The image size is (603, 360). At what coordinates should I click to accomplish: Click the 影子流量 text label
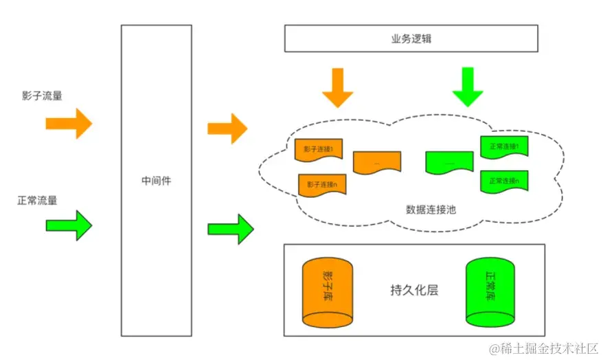(42, 96)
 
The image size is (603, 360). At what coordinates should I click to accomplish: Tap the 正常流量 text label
(38, 201)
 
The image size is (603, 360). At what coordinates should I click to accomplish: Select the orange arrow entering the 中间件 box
(69, 124)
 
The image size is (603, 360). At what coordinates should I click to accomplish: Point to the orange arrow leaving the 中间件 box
(227, 128)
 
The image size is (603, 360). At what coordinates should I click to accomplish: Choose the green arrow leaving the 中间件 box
(230, 229)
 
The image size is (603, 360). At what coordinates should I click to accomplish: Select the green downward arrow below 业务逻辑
(468, 87)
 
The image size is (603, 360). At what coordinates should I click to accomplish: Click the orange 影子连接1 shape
(319, 150)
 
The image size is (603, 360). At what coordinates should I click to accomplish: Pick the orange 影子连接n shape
(322, 185)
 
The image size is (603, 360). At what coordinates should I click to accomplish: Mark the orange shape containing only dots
(377, 163)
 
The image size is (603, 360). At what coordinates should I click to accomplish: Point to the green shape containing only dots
(449, 163)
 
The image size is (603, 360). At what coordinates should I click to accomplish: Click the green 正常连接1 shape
(504, 147)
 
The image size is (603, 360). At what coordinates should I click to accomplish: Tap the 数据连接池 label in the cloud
(431, 209)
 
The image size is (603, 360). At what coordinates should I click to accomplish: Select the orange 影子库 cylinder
(327, 293)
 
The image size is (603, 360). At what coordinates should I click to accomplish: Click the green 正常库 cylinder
(490, 292)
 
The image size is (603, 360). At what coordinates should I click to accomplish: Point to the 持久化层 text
(413, 290)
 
